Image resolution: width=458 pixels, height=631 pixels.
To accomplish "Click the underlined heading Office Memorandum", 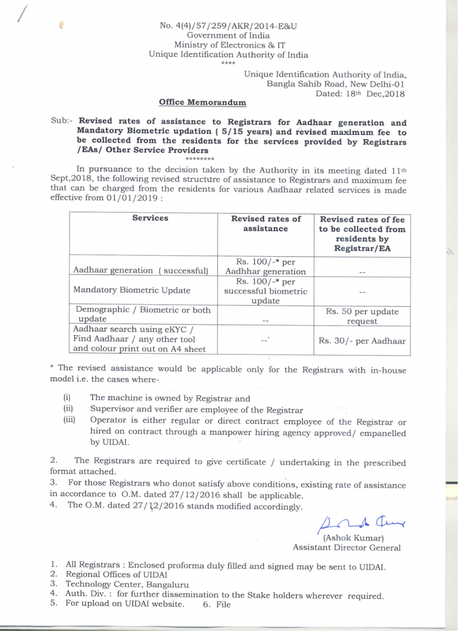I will pos(202,103).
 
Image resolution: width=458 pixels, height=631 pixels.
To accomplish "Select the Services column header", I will pos(150,218).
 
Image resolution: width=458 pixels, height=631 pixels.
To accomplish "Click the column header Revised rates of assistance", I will pos(265,224).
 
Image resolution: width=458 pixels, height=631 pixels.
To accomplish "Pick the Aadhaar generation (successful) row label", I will pos(141,271).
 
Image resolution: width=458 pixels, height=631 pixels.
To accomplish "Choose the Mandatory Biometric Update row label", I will pos(132,290).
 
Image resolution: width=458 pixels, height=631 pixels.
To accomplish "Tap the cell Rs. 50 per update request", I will pos(362,316).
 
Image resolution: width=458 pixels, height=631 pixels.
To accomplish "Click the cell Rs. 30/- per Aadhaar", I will pos(362,341).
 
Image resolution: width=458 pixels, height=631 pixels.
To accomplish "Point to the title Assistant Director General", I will pos(347,547).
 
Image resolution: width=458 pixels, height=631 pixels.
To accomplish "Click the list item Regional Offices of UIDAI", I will pos(116,574).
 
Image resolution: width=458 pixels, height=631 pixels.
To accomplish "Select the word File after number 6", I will pos(223,605).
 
